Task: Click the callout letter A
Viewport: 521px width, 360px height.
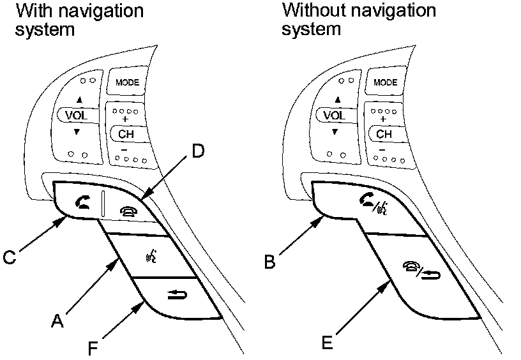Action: point(57,321)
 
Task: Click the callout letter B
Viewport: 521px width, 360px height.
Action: point(270,261)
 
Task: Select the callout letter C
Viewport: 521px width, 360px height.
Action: point(10,257)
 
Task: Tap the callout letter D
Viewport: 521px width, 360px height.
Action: point(199,151)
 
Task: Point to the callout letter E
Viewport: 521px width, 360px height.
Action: point(328,342)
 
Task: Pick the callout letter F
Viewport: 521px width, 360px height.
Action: point(93,349)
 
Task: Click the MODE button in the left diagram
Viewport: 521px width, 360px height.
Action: point(127,82)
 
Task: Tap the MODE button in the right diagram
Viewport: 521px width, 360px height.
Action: point(385,82)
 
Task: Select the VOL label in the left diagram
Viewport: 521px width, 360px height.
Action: point(77,116)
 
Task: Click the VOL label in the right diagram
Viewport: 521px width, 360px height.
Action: point(335,116)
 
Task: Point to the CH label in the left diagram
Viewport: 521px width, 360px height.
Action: point(126,134)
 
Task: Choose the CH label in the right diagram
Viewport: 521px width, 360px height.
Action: point(384,134)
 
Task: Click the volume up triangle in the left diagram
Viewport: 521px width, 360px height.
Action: point(79,100)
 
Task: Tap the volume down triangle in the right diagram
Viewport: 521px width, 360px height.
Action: point(335,132)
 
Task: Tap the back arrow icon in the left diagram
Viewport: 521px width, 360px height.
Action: point(177,294)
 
